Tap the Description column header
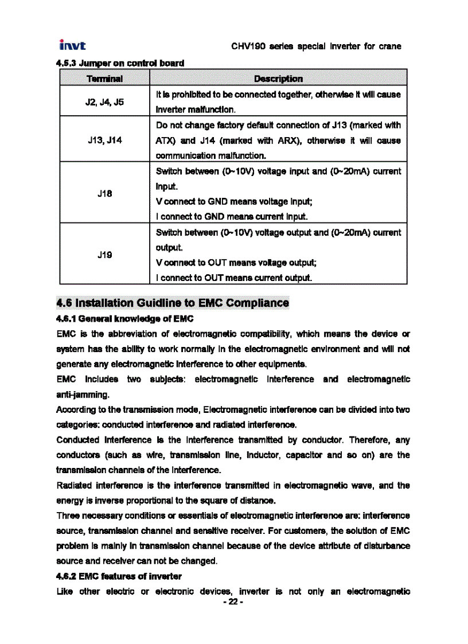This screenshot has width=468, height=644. [278, 79]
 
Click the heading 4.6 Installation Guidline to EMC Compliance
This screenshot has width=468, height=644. [173, 303]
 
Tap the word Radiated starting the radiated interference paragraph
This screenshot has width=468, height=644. [73, 486]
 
